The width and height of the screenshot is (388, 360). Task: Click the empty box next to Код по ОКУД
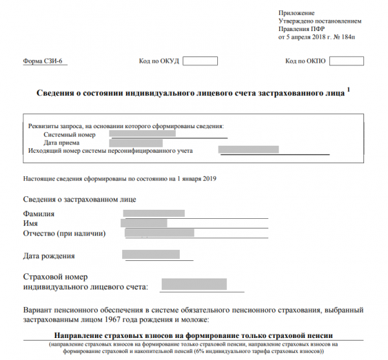200,62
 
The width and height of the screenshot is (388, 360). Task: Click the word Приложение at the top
296,13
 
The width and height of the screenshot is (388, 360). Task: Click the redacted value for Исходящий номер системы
249,150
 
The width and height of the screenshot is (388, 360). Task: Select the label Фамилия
39,214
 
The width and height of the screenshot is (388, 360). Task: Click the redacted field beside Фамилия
154,213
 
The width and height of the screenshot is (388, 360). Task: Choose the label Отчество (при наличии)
64,233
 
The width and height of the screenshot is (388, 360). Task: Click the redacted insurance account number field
194,284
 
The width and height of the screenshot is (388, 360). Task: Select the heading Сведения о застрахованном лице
80,199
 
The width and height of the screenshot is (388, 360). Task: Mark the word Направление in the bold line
82,337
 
